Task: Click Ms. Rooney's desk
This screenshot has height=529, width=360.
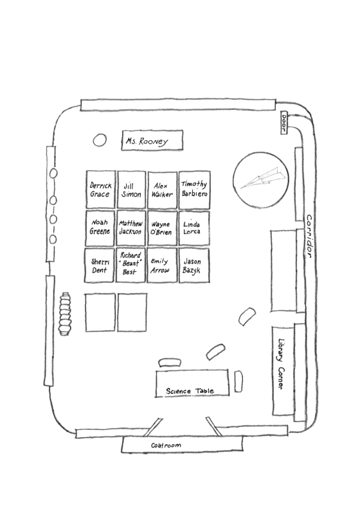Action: tap(152, 140)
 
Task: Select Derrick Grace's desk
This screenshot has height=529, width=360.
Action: tap(100, 190)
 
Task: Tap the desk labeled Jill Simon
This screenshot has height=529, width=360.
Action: tap(131, 190)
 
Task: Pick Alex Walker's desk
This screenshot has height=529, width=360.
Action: tap(162, 190)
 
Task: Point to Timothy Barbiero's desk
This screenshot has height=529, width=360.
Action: tap(194, 190)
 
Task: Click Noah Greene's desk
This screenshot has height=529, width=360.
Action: tap(100, 228)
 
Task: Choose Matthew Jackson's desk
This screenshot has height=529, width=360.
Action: tap(131, 228)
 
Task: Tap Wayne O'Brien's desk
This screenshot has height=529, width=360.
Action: tap(162, 228)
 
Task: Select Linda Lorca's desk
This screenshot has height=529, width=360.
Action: tap(194, 228)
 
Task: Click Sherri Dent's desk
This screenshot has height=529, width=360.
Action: tap(99, 265)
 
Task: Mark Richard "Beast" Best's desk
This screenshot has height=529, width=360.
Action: tap(130, 265)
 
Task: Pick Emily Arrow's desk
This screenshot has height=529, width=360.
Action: tap(162, 265)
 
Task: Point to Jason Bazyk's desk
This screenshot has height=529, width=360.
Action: tap(194, 265)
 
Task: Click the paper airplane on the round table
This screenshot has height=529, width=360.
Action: tap(264, 178)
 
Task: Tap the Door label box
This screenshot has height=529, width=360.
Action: tap(283, 122)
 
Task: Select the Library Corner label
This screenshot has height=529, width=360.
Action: tap(281, 364)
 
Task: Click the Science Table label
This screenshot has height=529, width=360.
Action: tap(190, 391)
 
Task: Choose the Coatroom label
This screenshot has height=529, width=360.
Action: tap(166, 445)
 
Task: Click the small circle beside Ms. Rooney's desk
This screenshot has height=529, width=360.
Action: tap(100, 140)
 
